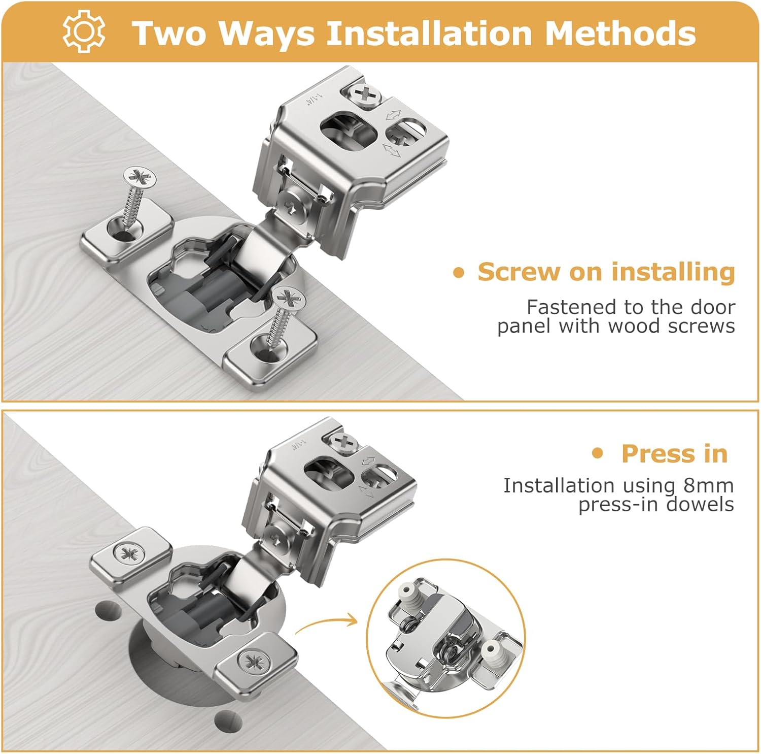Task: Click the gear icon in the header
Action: pos(84,31)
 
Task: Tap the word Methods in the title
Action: pos(620,33)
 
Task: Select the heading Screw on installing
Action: pos(606,272)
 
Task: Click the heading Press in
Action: pos(674,453)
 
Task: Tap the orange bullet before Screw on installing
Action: pos(459,273)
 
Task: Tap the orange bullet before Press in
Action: pos(598,453)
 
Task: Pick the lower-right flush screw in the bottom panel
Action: pos(252,661)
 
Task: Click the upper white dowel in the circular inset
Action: pos(408,592)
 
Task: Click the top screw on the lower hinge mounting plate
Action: pos(346,441)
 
